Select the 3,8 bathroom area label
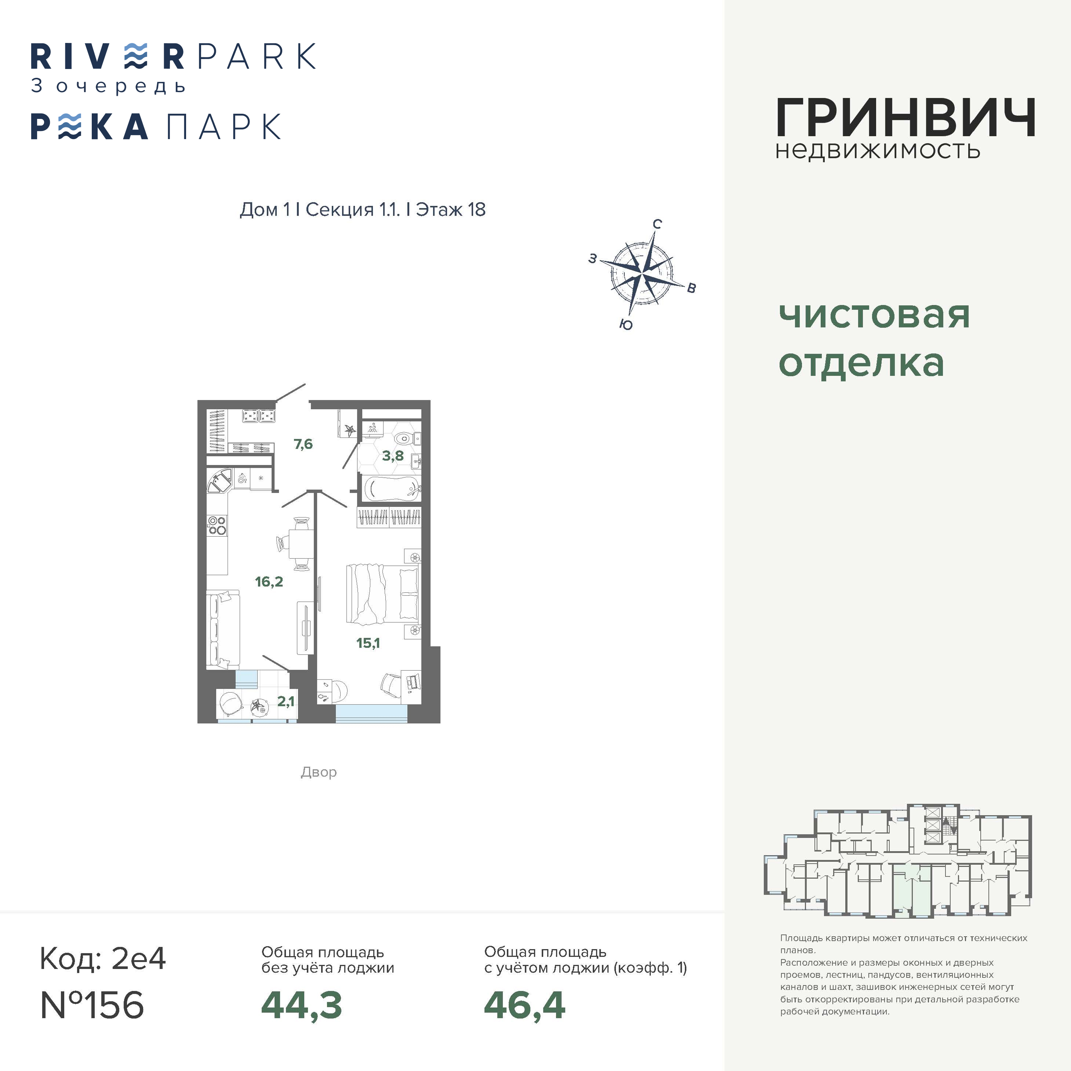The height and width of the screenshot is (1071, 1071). pos(392,456)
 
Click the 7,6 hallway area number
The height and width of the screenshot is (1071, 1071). pos(303,444)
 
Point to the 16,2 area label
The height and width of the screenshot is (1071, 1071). pos(269,581)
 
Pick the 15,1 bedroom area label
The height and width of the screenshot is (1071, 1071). pos(368,643)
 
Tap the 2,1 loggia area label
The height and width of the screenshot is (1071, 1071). pos(286,701)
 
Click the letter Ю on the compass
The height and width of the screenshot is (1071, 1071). pos(626,324)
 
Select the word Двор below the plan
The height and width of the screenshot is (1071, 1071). pos(319,772)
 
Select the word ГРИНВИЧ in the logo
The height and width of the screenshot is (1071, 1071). pos(905,117)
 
